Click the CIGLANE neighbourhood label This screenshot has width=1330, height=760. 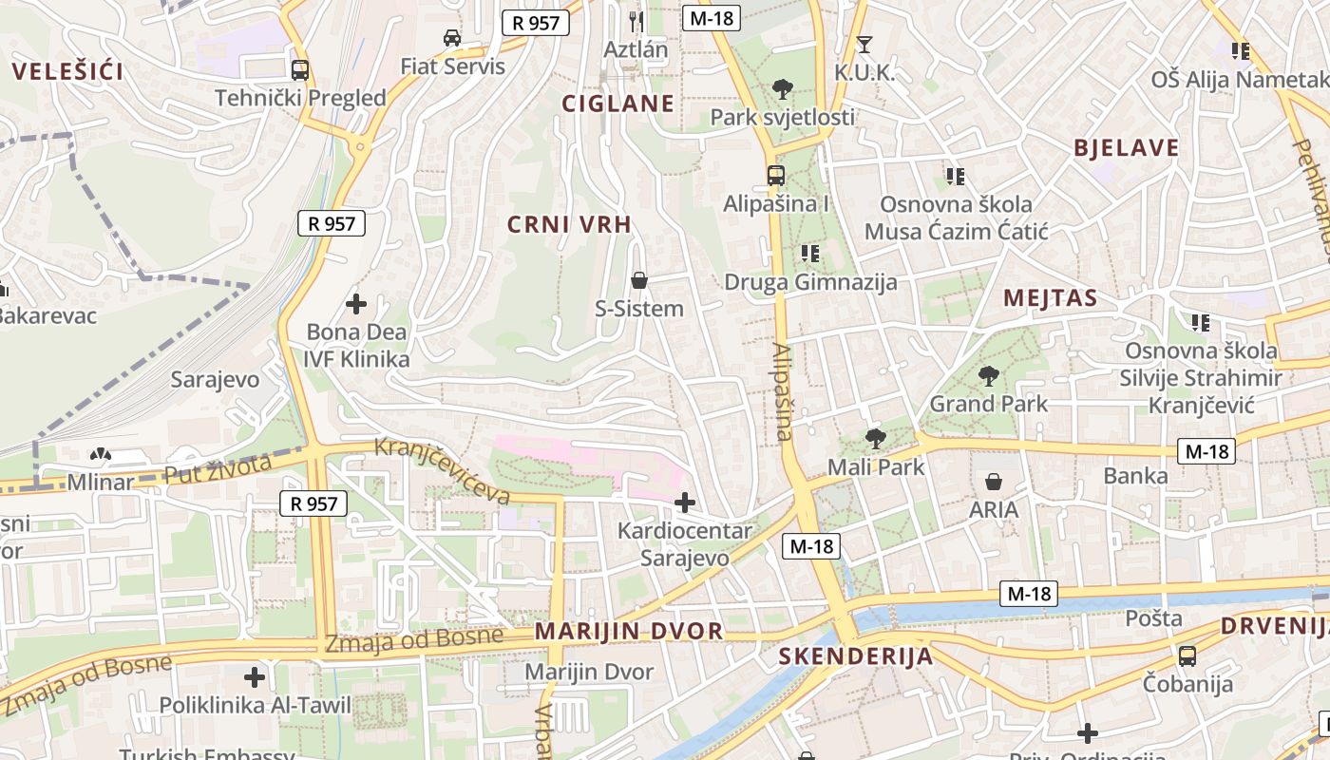pos(617,104)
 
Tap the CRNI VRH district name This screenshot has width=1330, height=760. pos(569,224)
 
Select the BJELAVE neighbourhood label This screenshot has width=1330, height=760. pos(1126,147)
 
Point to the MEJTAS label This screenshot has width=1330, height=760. pos(1051,298)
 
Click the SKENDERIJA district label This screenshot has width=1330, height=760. pos(856,656)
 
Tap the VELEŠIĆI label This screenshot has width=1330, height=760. pos(68,70)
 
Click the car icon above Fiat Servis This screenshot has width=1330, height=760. pos(452,38)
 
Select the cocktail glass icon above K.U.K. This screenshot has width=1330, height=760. pos(864,44)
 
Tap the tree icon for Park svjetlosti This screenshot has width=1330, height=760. pos(783,89)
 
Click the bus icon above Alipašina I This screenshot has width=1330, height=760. pos(776,175)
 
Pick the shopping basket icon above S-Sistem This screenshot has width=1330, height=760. pos(639,280)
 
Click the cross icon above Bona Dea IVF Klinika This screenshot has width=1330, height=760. pos(356,304)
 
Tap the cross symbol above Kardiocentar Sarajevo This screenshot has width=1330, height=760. pos(684,502)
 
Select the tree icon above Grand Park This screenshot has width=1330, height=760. pos(989,375)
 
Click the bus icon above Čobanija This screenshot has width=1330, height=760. pos(1187,655)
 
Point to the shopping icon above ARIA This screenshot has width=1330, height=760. pos(994,482)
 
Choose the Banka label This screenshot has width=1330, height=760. pos(1135,476)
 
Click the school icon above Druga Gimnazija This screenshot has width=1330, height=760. pos(809,254)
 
